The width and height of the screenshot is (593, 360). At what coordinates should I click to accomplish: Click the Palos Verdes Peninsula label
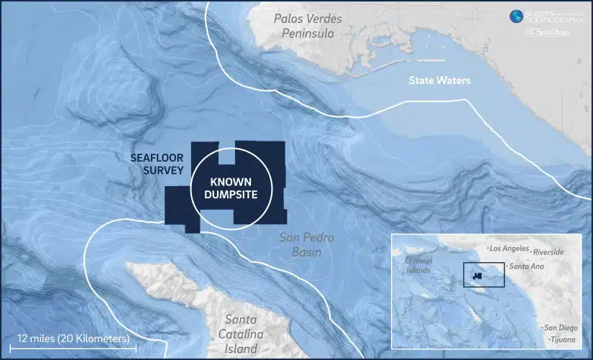tap(308, 26)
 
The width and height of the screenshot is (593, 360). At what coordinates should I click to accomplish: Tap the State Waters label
tap(439, 81)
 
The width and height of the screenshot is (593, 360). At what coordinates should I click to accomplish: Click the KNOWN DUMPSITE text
tap(228, 188)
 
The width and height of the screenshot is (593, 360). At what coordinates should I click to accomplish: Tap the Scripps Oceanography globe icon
tap(515, 16)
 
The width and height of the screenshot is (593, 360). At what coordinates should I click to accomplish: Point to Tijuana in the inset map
tap(563, 338)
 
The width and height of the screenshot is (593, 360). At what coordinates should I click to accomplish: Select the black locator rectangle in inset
tap(484, 274)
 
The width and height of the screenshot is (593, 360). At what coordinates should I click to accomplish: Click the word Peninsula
tap(308, 33)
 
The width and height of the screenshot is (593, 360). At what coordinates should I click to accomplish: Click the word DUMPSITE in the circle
tap(228, 195)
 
